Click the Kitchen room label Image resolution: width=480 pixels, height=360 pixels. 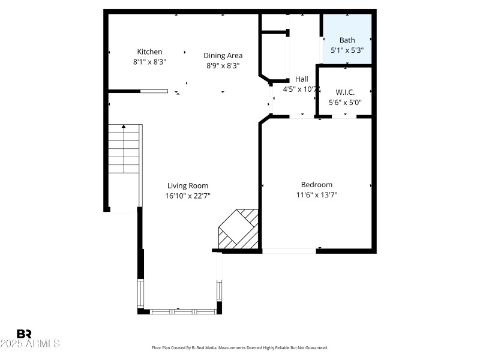pyautogui.click(x=149, y=52)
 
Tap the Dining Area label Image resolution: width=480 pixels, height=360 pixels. pyautogui.click(x=223, y=56)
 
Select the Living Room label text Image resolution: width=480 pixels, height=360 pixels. pyautogui.click(x=188, y=186)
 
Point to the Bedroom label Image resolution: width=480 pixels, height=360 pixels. pyautogui.click(x=316, y=185)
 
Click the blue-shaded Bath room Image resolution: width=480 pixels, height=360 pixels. pyautogui.click(x=347, y=40)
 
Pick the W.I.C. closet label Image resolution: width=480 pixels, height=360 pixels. pyautogui.click(x=345, y=92)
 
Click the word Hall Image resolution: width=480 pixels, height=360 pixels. pyautogui.click(x=301, y=79)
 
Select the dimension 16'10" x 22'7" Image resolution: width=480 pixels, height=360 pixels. pyautogui.click(x=188, y=196)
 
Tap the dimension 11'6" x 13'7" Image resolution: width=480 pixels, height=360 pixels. pyautogui.click(x=316, y=194)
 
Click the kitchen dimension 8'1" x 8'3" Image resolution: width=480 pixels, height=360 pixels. pyautogui.click(x=149, y=62)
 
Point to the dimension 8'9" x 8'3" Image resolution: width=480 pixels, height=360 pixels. pyautogui.click(x=223, y=66)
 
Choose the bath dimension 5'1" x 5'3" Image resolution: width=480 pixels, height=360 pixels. pyautogui.click(x=347, y=50)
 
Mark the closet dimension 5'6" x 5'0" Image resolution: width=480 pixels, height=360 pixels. pyautogui.click(x=345, y=103)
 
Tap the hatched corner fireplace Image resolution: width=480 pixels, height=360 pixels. pyautogui.click(x=239, y=229)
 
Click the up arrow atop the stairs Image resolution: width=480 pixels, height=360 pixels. pyautogui.click(x=124, y=127)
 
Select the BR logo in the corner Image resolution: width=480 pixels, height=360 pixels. pyautogui.click(x=24, y=333)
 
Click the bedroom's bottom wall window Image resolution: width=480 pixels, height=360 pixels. pyautogui.click(x=289, y=251)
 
